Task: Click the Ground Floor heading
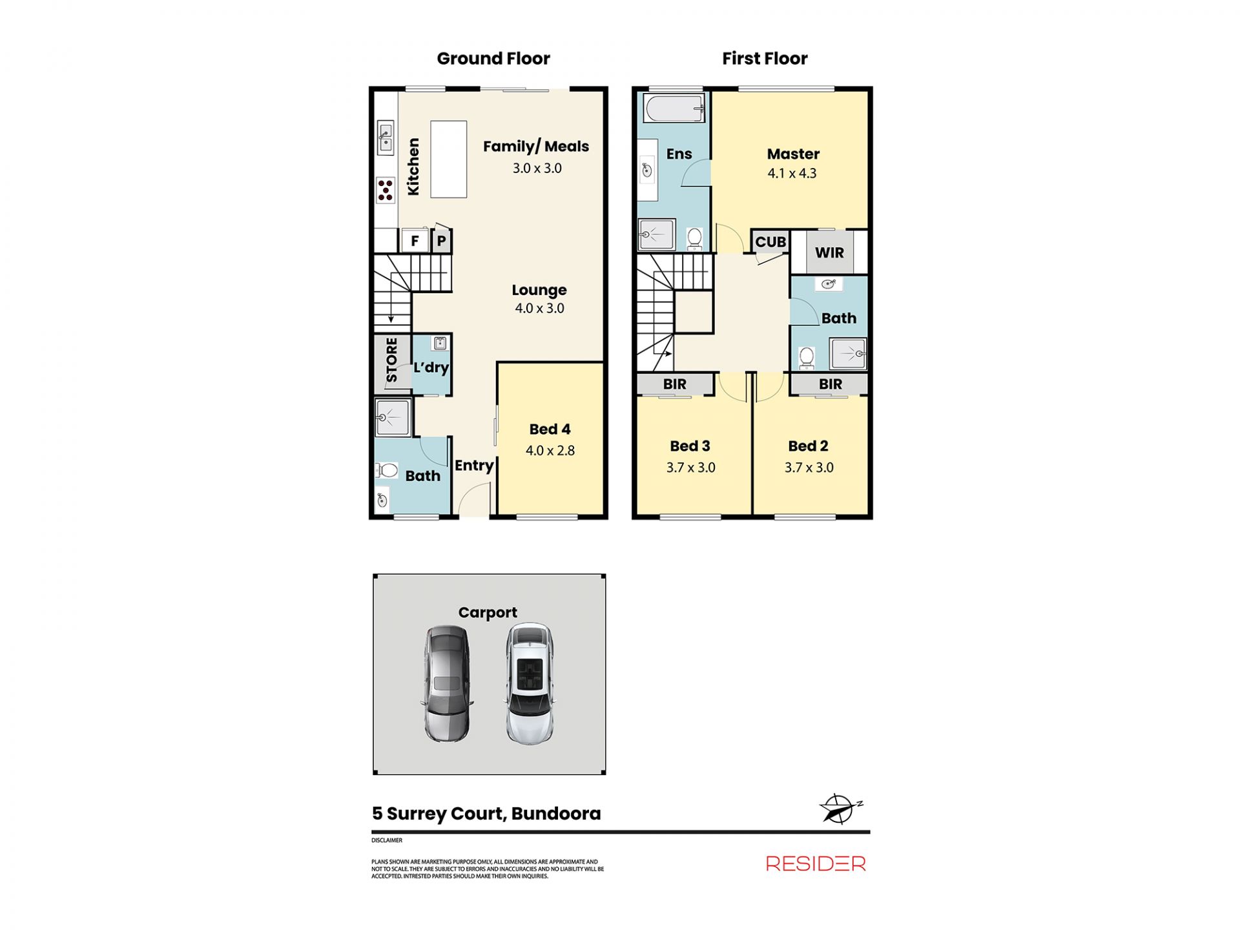point(493,59)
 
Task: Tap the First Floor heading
point(765,59)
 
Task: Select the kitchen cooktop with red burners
point(386,190)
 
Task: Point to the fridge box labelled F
point(415,241)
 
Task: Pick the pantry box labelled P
point(441,241)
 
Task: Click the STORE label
point(391,360)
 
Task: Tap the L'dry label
point(431,367)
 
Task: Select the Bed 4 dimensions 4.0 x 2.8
point(550,451)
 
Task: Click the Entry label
point(474,466)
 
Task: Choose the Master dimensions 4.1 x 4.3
point(792,173)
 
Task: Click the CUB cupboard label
point(770,242)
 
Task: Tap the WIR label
point(829,253)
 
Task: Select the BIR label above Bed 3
point(675,384)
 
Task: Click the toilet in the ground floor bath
point(386,470)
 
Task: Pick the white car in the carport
point(530,683)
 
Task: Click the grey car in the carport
point(447,683)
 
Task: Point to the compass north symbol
point(840,809)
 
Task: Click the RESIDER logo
point(816,863)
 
